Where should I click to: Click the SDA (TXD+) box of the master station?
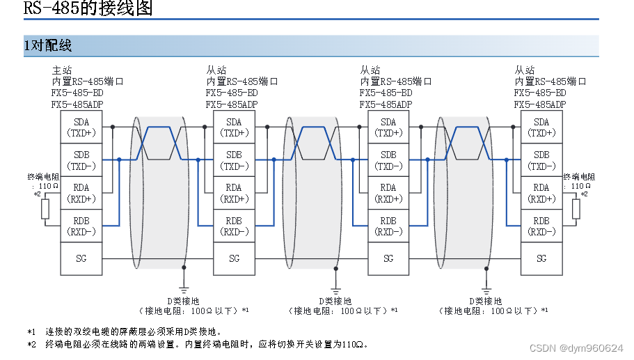click(81, 127)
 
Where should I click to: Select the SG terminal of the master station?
click(81, 258)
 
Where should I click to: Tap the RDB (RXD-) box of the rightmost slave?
click(541, 226)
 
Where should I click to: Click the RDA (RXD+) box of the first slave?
click(234, 193)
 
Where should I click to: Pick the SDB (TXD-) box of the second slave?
click(388, 160)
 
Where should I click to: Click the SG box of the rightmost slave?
click(541, 258)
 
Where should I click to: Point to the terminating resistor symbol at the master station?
click(45, 209)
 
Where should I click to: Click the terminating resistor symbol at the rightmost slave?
click(576, 209)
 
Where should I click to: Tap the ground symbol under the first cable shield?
click(184, 287)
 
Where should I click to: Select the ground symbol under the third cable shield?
click(486, 287)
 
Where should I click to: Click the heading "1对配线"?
click(48, 46)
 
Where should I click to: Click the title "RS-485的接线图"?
click(88, 9)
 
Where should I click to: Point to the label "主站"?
click(61, 70)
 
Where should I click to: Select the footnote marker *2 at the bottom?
click(31, 344)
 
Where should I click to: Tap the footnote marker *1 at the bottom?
click(31, 331)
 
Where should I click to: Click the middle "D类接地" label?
click(335, 301)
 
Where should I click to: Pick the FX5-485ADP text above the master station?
click(77, 104)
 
